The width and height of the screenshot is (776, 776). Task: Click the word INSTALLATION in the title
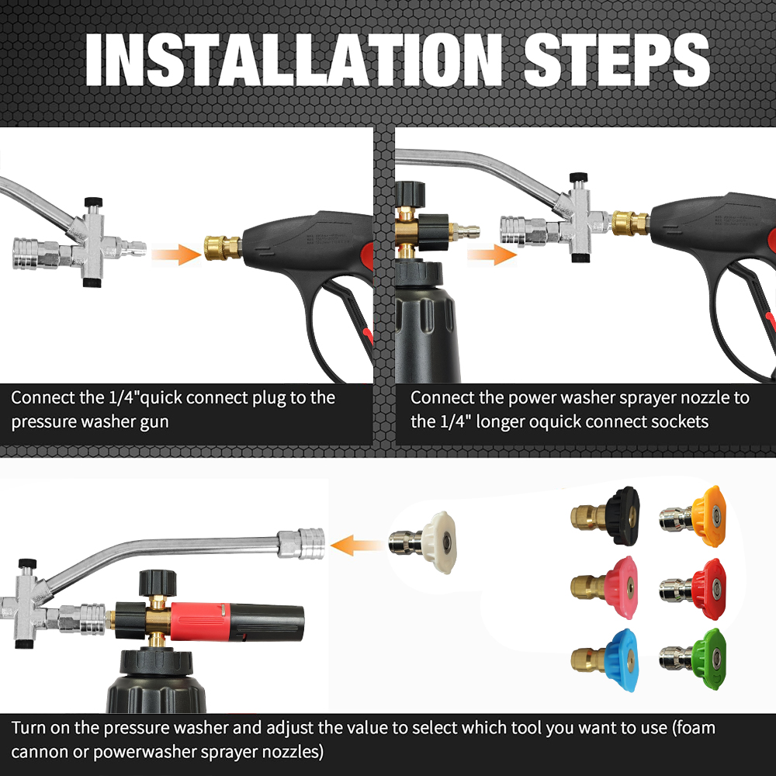[293, 61]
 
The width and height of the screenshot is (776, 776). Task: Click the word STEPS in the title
[617, 61]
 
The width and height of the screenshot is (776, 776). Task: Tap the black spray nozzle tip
[605, 516]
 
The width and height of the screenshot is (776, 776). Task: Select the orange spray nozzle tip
[693, 516]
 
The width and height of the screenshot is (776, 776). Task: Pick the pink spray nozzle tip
[605, 587]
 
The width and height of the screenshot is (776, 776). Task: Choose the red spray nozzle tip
[693, 589]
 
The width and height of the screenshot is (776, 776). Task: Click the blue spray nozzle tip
[605, 660]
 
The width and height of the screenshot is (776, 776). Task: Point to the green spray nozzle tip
[693, 659]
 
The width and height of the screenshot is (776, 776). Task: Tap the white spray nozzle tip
[422, 542]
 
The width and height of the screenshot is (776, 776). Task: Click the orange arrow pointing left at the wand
[356, 546]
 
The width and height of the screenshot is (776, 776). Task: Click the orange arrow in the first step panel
[176, 254]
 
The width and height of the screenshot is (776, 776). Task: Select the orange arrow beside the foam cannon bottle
[492, 255]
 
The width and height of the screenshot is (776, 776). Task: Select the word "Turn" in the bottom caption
[28, 728]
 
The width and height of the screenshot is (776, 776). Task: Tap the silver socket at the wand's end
[301, 543]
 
